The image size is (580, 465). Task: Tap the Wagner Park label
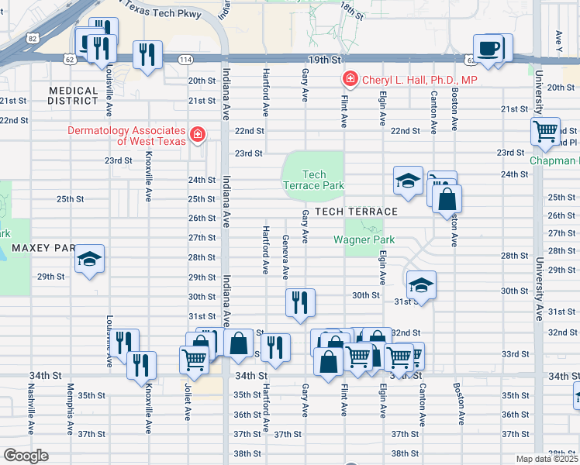tap(359, 239)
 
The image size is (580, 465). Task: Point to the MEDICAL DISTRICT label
tap(73, 96)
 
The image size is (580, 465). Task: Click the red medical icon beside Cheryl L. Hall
tap(350, 80)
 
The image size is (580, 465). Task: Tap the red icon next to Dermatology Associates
tap(198, 135)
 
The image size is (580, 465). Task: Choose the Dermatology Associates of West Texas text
tap(126, 136)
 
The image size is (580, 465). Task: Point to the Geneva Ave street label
tap(285, 257)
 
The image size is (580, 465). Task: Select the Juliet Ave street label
tap(188, 401)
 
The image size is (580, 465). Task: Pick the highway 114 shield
tap(185, 60)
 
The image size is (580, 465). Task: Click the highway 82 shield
tap(31, 37)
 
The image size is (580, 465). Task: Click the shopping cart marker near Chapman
tap(546, 130)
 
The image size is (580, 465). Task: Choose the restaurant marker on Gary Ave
tap(300, 301)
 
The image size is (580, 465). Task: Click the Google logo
tap(26, 456)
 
